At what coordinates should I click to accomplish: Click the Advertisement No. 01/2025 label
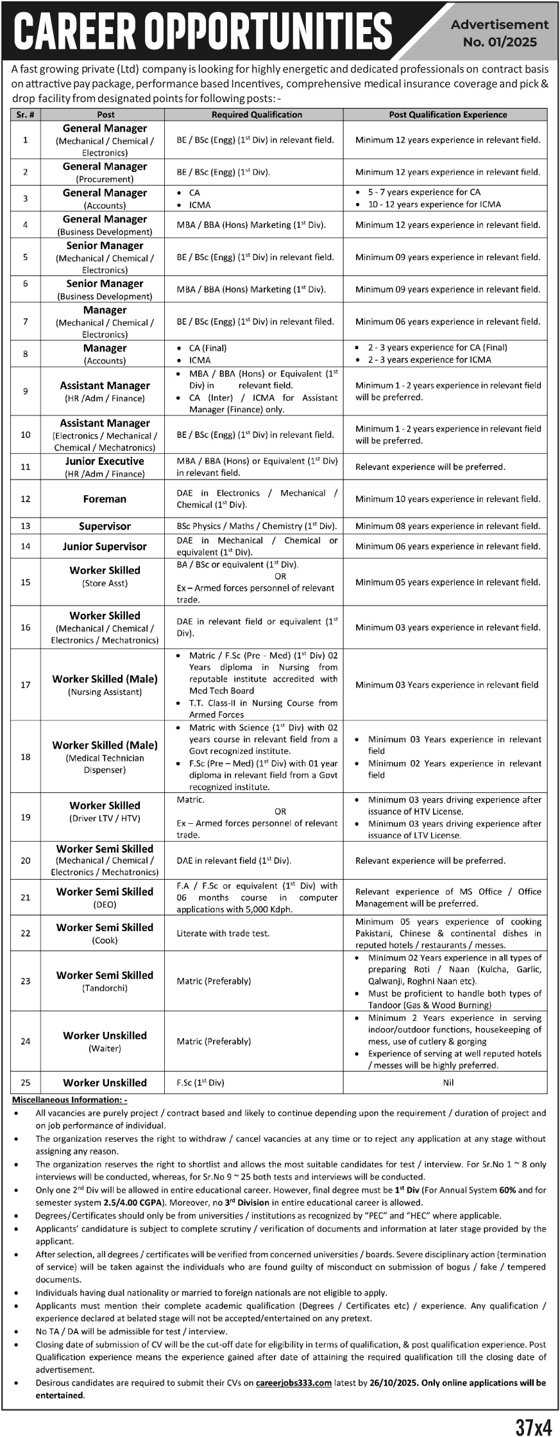(500, 33)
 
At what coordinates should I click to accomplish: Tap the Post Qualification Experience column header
(448, 115)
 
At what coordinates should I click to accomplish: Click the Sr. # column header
(26, 115)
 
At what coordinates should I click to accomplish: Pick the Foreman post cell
(105, 499)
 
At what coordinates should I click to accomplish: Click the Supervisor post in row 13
(105, 526)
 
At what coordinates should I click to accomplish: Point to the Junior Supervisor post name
(105, 546)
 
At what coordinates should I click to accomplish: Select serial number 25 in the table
(26, 1083)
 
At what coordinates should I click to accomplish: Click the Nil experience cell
(448, 1083)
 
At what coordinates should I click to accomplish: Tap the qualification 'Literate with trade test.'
(223, 933)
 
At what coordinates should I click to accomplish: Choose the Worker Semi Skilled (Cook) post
(105, 933)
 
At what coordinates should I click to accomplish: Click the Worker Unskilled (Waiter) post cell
(105, 1041)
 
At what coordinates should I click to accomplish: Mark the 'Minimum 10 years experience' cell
(448, 499)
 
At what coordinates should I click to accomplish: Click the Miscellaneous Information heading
(70, 1100)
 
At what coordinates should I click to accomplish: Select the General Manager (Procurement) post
(105, 172)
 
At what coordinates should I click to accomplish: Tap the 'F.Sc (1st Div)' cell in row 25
(200, 1083)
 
